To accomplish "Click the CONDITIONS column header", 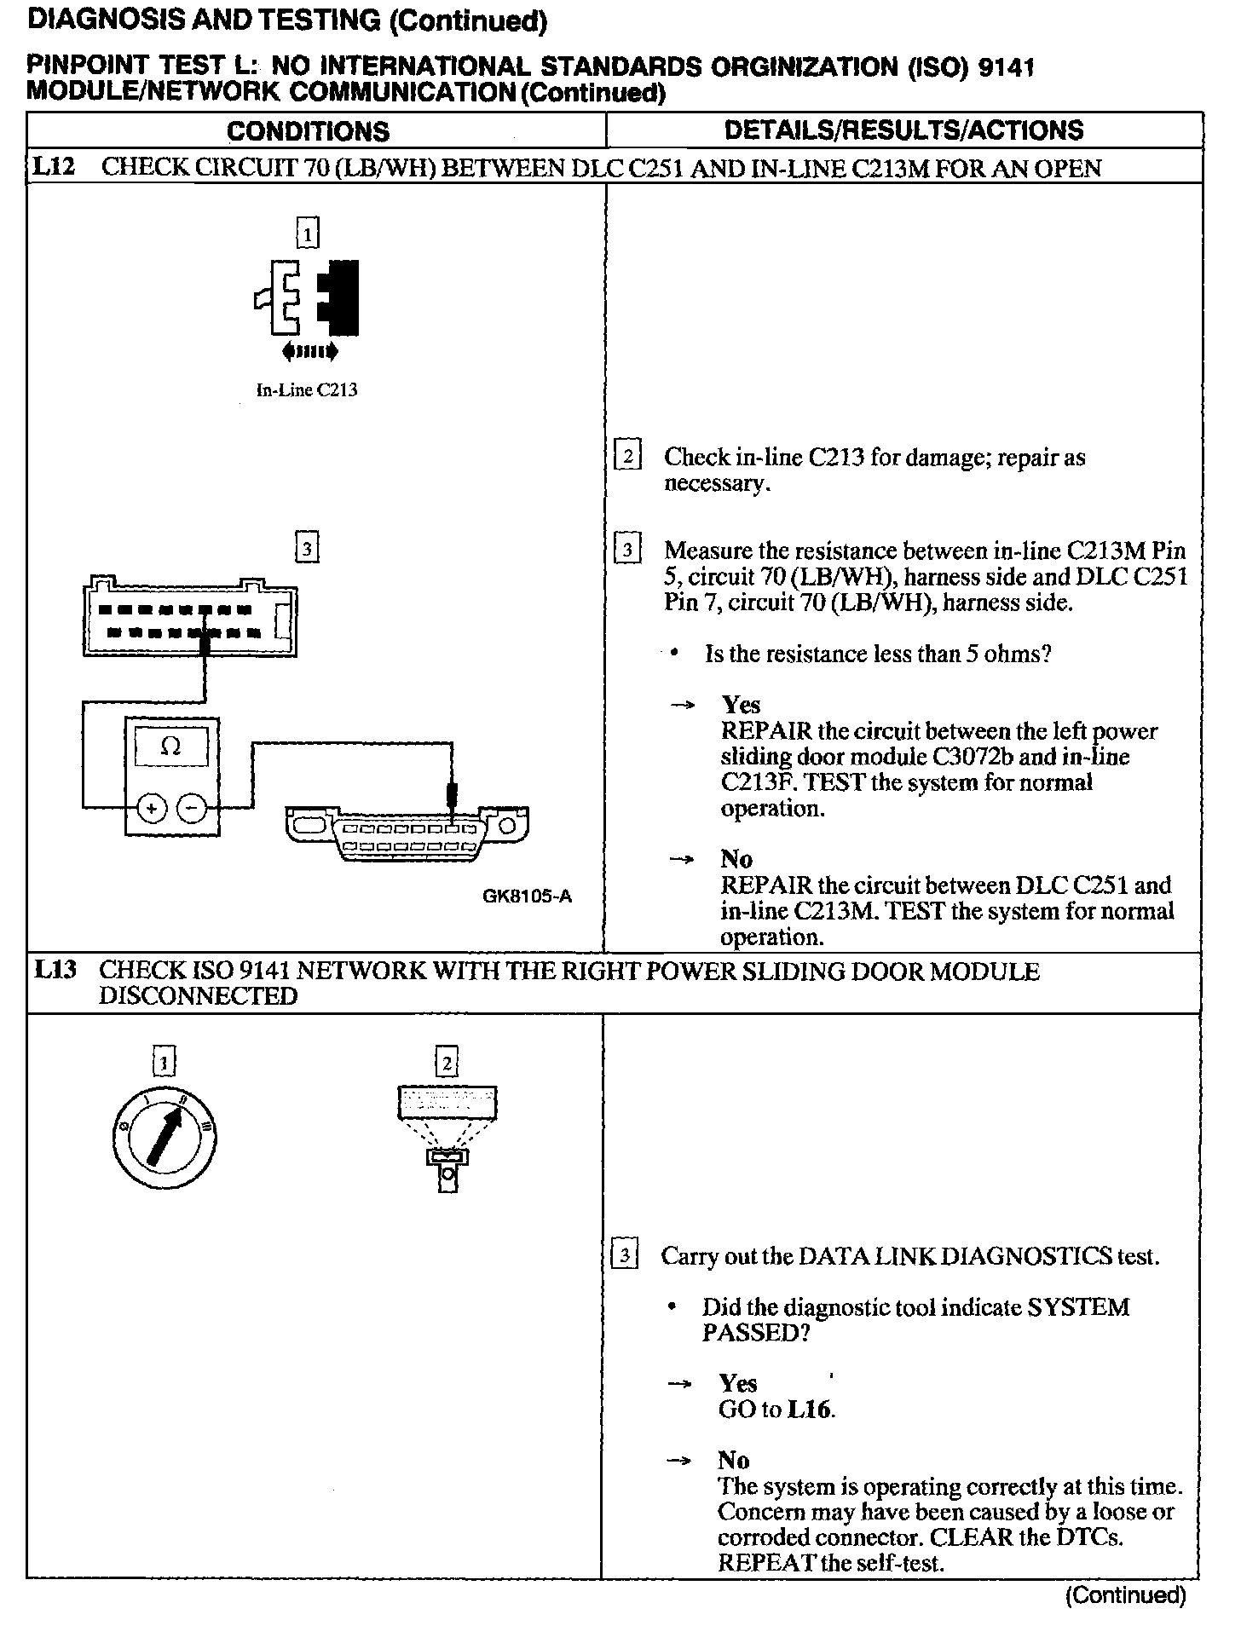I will click(308, 131).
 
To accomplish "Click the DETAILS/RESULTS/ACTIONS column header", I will click(903, 130).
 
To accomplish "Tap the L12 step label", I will click(53, 167).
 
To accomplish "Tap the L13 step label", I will click(55, 970).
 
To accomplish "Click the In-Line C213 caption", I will click(307, 391).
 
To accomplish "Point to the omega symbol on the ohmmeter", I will click(170, 747).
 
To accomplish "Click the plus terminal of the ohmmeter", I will click(152, 808).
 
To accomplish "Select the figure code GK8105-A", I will click(527, 897).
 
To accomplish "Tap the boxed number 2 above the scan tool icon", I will click(447, 1063).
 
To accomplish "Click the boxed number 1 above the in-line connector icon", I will click(307, 234).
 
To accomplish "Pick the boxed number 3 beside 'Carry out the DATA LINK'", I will click(626, 1255).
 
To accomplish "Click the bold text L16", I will click(809, 1410).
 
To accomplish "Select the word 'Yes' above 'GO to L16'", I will click(738, 1383).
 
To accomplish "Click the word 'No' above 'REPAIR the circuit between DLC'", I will click(736, 858).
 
